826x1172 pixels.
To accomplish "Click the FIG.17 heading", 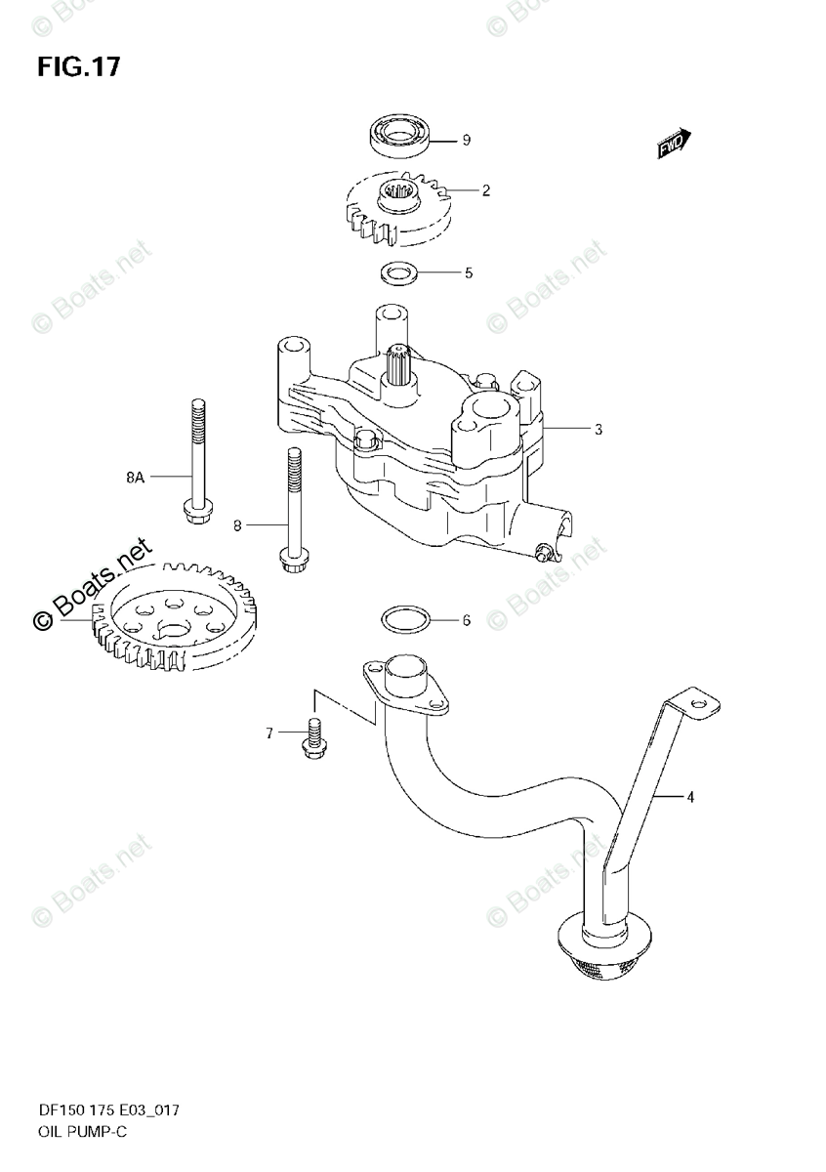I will click(x=79, y=66).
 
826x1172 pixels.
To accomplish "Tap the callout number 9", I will click(x=466, y=141).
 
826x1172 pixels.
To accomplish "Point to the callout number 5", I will click(x=468, y=273).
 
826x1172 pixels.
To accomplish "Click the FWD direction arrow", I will click(x=673, y=145).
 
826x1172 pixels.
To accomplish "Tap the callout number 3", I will click(x=599, y=428).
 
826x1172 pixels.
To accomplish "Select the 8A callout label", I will click(x=135, y=477).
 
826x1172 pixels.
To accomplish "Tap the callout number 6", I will click(x=467, y=620).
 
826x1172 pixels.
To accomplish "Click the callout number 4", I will click(x=689, y=798).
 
